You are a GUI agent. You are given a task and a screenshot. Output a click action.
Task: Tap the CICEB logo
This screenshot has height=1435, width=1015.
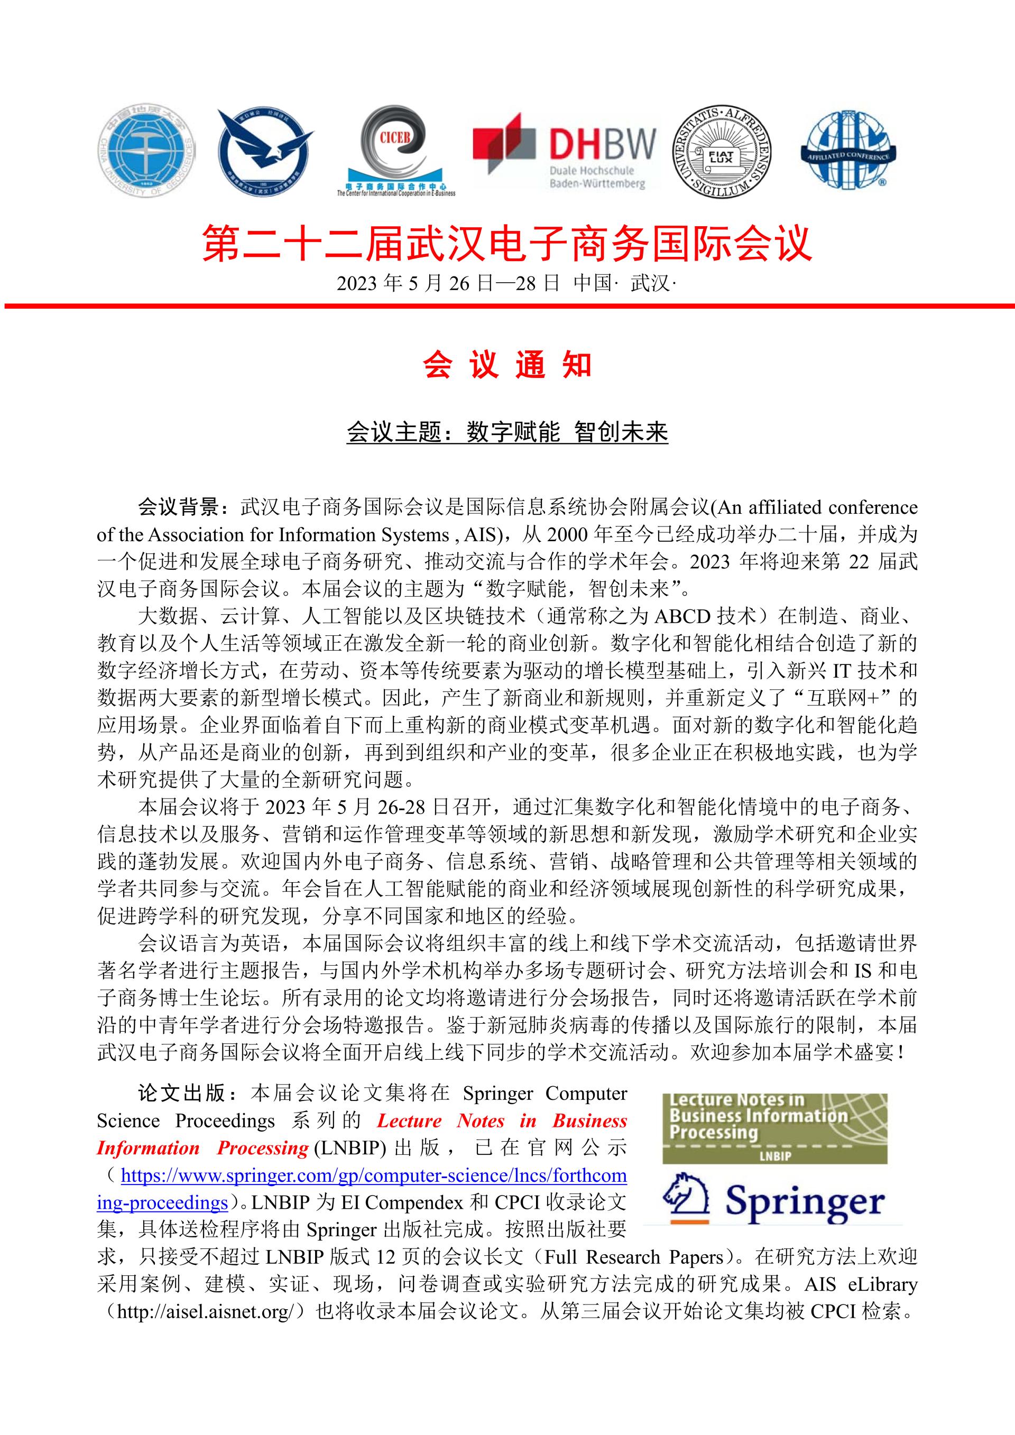pos(395,150)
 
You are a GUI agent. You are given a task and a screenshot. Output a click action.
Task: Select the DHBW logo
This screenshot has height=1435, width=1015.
pos(565,150)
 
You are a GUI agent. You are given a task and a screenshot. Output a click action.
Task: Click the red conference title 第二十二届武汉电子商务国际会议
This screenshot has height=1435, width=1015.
pos(507,244)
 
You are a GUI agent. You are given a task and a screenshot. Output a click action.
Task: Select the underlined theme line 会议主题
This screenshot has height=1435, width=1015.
pos(507,432)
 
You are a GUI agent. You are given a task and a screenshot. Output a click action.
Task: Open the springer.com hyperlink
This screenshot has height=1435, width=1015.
pos(373,1175)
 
